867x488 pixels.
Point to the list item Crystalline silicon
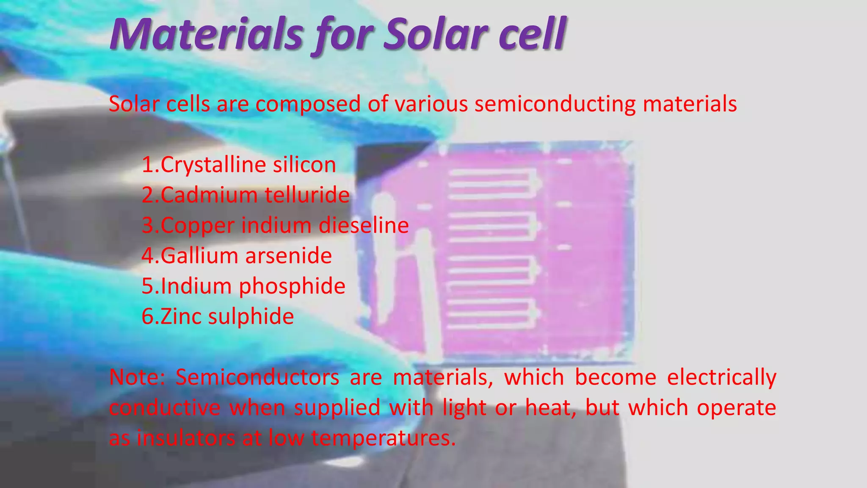click(239, 165)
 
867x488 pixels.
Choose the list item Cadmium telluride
click(246, 195)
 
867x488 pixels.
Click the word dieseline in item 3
click(364, 225)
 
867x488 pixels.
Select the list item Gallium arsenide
click(237, 256)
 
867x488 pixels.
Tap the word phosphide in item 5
click(292, 286)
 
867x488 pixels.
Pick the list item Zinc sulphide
click(218, 317)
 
